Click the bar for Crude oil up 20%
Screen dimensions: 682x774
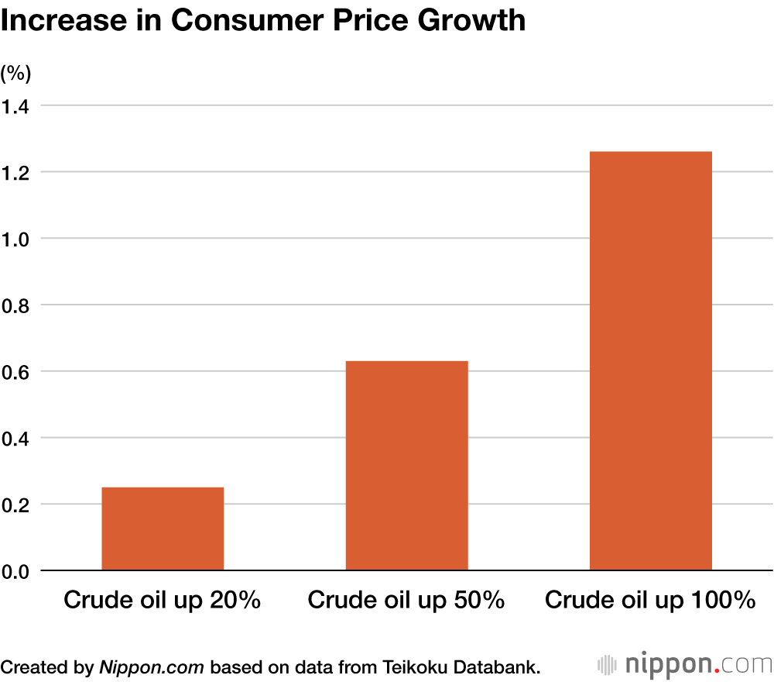163,529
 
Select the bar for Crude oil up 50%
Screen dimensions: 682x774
406,465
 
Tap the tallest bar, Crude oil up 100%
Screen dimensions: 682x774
650,360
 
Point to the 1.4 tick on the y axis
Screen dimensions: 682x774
15,106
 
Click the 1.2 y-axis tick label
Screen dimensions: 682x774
15,173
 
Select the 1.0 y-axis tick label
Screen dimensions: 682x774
15,239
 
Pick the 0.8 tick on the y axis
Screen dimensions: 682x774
15,306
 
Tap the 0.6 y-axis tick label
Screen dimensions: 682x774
15,373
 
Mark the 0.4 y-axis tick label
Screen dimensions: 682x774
15,439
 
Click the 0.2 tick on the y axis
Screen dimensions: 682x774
15,506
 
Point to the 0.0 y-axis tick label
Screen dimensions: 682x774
15,572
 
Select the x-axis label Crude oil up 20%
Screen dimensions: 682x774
163,600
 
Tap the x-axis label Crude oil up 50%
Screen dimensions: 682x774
406,600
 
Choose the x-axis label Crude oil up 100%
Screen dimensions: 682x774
650,600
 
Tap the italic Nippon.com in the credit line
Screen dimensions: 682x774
151,666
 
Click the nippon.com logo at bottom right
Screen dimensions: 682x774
685,664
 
